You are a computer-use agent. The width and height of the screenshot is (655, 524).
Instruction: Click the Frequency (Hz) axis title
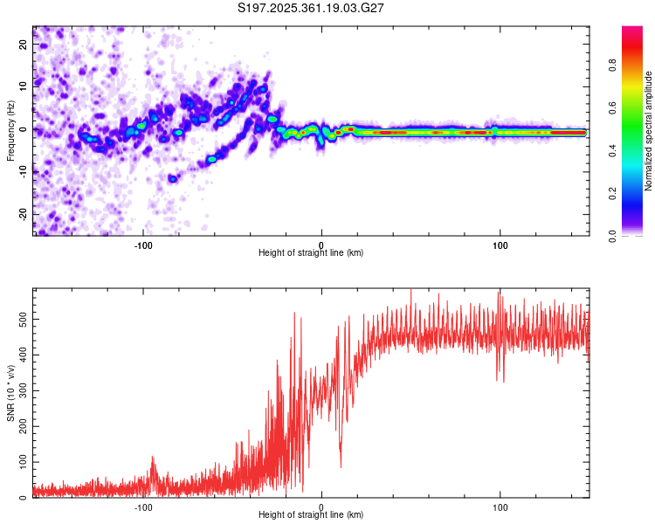[x=10, y=129]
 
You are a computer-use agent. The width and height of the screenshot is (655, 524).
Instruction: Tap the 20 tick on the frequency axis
[x=24, y=45]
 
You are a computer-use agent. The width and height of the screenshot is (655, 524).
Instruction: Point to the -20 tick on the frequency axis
[x=24, y=213]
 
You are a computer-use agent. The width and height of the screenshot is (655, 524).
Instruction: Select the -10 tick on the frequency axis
[x=24, y=171]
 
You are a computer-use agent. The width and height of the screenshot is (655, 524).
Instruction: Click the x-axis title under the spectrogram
[x=311, y=253]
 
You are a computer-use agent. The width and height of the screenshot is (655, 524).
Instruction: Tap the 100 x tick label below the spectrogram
[x=500, y=244]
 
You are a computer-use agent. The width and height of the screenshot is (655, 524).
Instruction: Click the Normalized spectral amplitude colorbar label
[x=649, y=131]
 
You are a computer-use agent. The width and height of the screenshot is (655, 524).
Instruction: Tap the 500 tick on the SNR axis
[x=24, y=320]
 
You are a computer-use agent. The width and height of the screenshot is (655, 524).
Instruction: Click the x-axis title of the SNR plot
[x=311, y=515]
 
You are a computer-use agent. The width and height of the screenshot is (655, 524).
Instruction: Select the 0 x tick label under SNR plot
[x=321, y=506]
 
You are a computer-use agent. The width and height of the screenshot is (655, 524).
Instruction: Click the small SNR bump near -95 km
[x=153, y=459]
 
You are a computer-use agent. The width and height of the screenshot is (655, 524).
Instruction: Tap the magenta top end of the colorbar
[x=631, y=31]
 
